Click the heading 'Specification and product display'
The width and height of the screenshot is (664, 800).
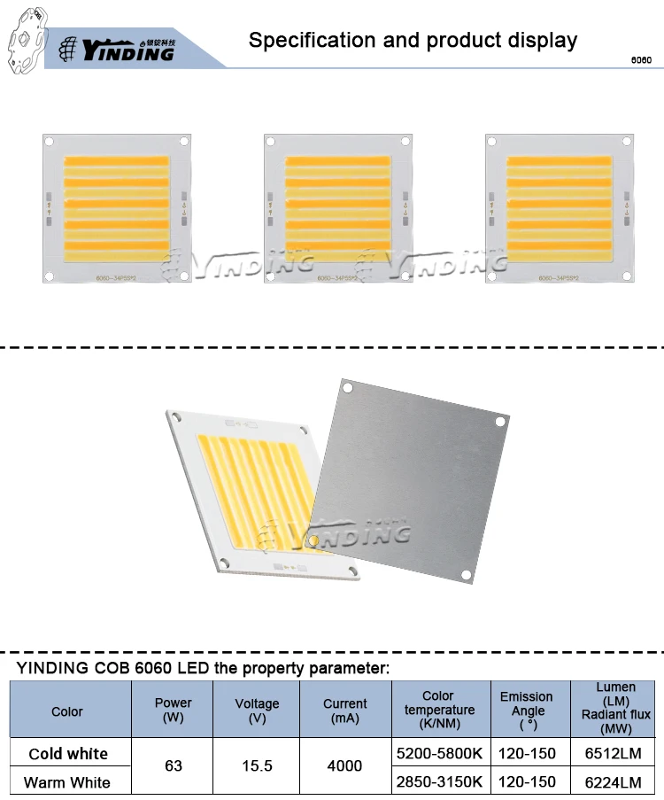(413, 40)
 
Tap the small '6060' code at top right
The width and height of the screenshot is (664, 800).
(640, 61)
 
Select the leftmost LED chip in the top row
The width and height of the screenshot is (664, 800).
(117, 208)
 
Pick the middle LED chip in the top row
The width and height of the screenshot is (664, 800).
(338, 208)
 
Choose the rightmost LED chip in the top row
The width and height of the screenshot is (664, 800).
(560, 208)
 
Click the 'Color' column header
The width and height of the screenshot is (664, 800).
(67, 711)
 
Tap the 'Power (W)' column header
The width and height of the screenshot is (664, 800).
(174, 710)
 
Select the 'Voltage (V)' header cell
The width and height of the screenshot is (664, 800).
(257, 710)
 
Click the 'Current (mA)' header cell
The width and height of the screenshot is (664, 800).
(344, 710)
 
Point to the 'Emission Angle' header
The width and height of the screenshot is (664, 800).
(526, 710)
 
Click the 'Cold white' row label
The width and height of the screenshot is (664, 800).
(68, 754)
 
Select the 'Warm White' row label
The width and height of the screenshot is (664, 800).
(67, 782)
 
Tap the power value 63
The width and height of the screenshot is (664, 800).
(174, 765)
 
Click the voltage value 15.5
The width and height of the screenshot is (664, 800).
(257, 765)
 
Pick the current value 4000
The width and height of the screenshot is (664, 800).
(344, 765)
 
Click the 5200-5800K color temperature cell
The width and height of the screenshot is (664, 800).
(440, 754)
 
